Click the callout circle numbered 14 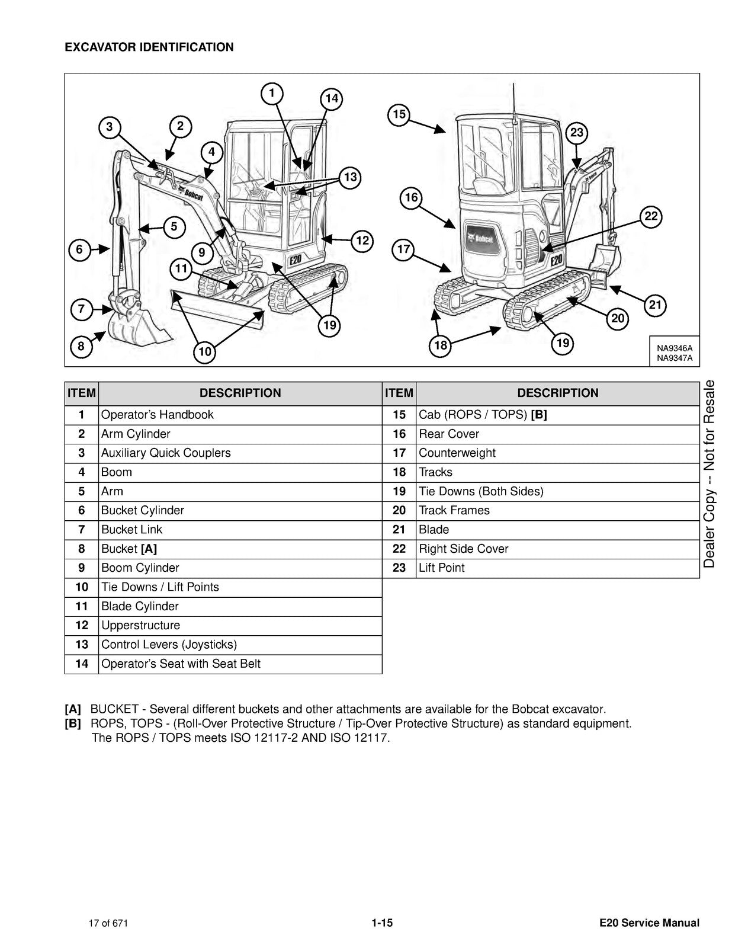click(332, 98)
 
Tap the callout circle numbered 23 click(577, 133)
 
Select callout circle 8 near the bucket click(81, 346)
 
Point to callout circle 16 click(411, 197)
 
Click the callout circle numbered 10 click(204, 352)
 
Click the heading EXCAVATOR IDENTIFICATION click(149, 47)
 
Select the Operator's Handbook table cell click(157, 415)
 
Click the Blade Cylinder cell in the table click(140, 606)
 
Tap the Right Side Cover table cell click(463, 549)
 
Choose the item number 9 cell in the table click(82, 568)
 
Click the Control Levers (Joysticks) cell click(169, 645)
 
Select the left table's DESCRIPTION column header click(240, 393)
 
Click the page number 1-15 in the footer click(382, 923)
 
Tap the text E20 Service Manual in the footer click(649, 923)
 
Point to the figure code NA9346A click(674, 348)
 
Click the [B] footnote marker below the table click(73, 723)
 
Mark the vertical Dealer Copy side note click(709, 474)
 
